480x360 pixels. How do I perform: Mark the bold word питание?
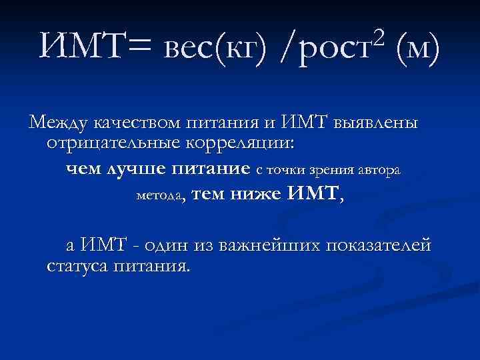[x=209, y=169]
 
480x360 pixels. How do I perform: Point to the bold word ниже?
[x=257, y=195]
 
